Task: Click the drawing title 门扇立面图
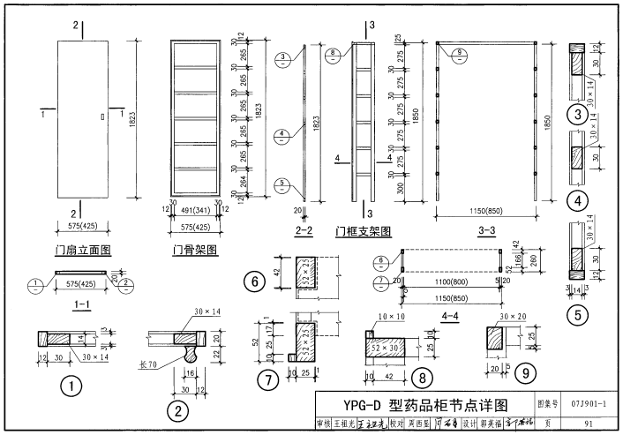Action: point(83,251)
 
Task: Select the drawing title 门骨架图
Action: point(195,251)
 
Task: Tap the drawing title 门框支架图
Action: point(363,232)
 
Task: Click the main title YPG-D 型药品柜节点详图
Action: point(425,405)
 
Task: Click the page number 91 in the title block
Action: point(588,424)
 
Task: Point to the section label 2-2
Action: point(305,232)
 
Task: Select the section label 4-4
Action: point(449,314)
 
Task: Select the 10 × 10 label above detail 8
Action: point(388,316)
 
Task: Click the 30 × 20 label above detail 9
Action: point(512,316)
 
